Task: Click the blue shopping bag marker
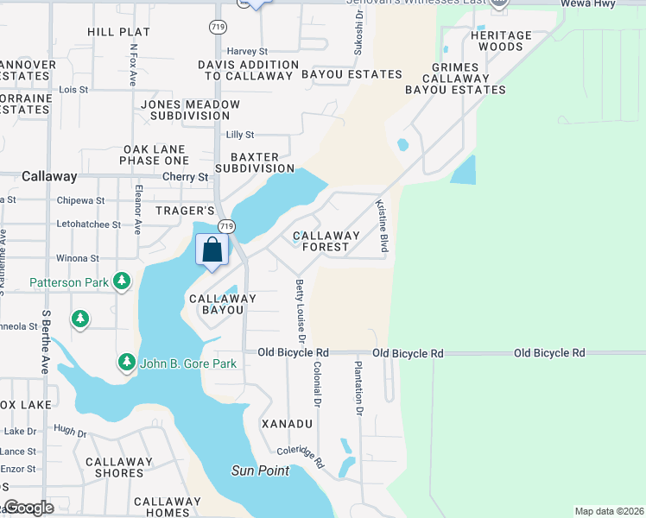212,250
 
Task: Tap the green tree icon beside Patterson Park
122,281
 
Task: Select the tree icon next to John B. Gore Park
126,363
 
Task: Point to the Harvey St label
247,51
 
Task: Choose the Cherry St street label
186,177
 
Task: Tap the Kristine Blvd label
380,226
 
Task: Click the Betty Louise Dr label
301,307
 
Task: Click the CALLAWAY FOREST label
326,241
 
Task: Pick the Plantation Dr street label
356,388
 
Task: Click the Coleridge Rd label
301,457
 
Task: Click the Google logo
29,508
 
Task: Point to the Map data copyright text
608,511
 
